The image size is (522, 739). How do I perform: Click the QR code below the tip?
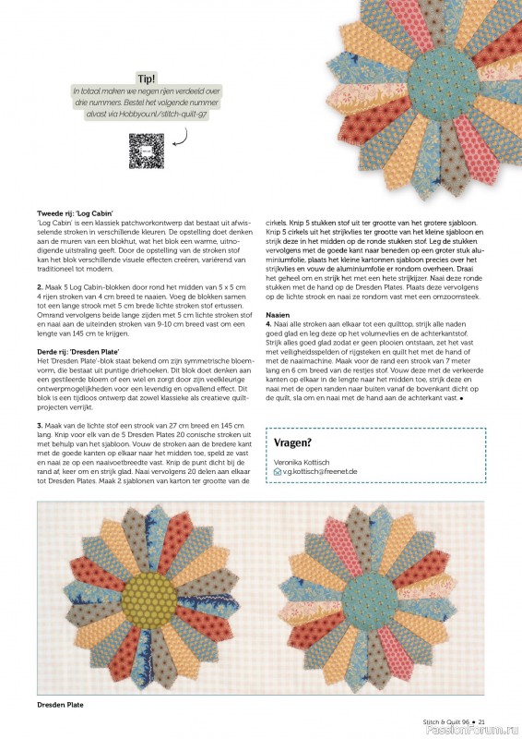click(146, 151)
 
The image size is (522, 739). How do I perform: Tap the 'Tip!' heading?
click(146, 79)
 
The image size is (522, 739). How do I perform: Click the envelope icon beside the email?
click(278, 472)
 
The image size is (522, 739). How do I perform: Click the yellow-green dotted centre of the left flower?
click(147, 592)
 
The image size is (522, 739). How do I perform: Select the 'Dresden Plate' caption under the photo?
click(60, 704)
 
